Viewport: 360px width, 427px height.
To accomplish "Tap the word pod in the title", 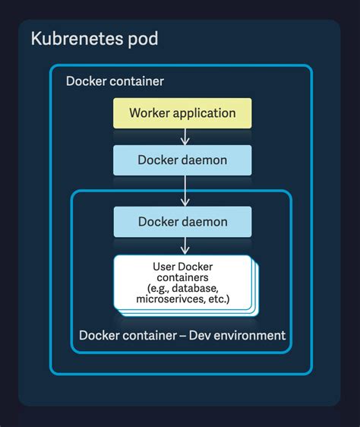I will [142, 39].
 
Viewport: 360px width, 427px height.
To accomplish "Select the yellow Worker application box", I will [182, 113].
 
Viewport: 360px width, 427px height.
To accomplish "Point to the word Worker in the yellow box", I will [148, 113].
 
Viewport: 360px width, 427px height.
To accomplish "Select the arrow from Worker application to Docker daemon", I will [183, 136].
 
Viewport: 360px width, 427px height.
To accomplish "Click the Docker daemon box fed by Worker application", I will [182, 160].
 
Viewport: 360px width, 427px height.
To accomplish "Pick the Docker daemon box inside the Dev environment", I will [182, 222].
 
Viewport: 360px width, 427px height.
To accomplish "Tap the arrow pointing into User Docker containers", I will [183, 245].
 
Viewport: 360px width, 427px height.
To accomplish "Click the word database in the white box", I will [196, 289].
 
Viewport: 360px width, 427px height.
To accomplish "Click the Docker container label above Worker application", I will [115, 81].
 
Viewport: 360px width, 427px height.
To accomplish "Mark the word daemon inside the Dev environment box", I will [203, 222].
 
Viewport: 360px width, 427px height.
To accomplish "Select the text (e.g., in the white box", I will [160, 289].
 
